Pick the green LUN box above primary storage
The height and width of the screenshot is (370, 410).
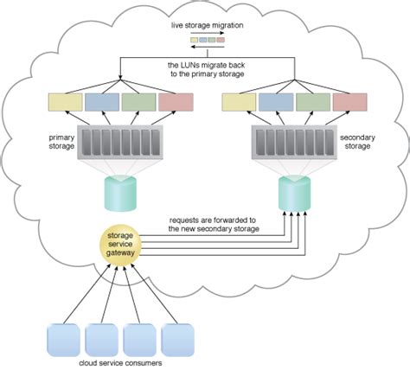tap(138, 103)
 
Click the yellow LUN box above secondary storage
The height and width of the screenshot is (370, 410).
tap(239, 103)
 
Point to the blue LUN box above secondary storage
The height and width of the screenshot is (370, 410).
tap(276, 103)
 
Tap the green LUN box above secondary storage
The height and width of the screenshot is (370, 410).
tap(313, 103)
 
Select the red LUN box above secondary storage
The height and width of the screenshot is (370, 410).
tap(350, 103)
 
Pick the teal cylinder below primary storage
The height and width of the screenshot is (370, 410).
tap(120, 192)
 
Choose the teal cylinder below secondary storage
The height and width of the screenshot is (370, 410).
tap(294, 192)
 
